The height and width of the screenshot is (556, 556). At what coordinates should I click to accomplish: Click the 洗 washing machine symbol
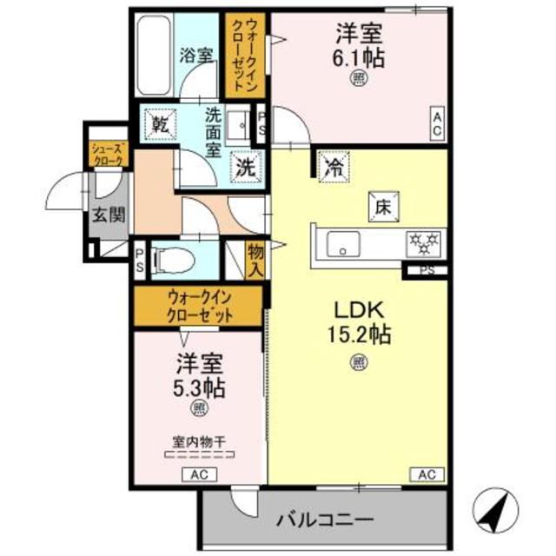pos(246,167)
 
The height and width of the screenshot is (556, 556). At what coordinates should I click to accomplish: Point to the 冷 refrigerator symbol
pos(332,167)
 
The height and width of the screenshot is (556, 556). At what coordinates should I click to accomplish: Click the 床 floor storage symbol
pos(382,207)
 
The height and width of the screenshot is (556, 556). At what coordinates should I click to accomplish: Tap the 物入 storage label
pos(255,259)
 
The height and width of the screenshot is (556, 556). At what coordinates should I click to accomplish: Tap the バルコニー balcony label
pos(326,520)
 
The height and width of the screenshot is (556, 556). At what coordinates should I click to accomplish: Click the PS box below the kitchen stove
pos(425,270)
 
